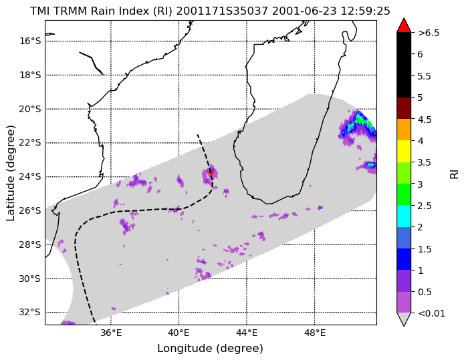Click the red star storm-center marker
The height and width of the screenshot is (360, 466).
coord(211,172)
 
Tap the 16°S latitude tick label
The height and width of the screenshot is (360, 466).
coord(30,41)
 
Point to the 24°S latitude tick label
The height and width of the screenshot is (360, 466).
coord(30,177)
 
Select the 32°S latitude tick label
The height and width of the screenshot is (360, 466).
coord(30,313)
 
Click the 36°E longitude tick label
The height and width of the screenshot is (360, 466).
coord(111,333)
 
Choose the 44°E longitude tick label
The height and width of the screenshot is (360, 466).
coord(247,333)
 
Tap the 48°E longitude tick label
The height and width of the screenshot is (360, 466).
coord(315,333)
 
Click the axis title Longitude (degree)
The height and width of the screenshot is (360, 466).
coord(210,349)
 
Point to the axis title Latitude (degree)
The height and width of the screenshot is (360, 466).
coord(10,173)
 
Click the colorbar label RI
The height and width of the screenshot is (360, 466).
coord(455,172)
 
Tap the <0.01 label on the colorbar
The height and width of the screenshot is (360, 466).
coord(431,313)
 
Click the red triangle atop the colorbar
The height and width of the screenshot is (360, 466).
coord(404,26)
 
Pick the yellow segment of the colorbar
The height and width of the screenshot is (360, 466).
coord(404,152)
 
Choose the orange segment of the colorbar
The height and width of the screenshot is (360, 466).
coord(404,130)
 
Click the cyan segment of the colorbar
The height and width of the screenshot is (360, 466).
coord(404,216)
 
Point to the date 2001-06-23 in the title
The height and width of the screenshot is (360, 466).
coord(304,11)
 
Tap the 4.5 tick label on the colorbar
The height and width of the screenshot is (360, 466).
coord(425,120)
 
